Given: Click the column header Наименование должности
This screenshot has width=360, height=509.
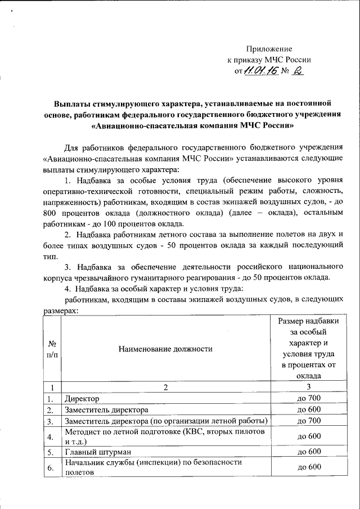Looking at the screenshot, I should (165, 349).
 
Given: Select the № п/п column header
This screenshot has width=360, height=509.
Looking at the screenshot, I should (52, 349).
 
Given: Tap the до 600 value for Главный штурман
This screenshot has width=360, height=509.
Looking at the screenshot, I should (308, 451).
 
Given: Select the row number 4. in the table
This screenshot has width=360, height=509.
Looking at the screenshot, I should (51, 436).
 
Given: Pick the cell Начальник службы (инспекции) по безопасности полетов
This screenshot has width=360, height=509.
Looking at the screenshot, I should (153, 467).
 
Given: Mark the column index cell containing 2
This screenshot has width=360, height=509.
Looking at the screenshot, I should (166, 387).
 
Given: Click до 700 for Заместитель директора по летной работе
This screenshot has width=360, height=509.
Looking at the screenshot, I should (308, 421).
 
